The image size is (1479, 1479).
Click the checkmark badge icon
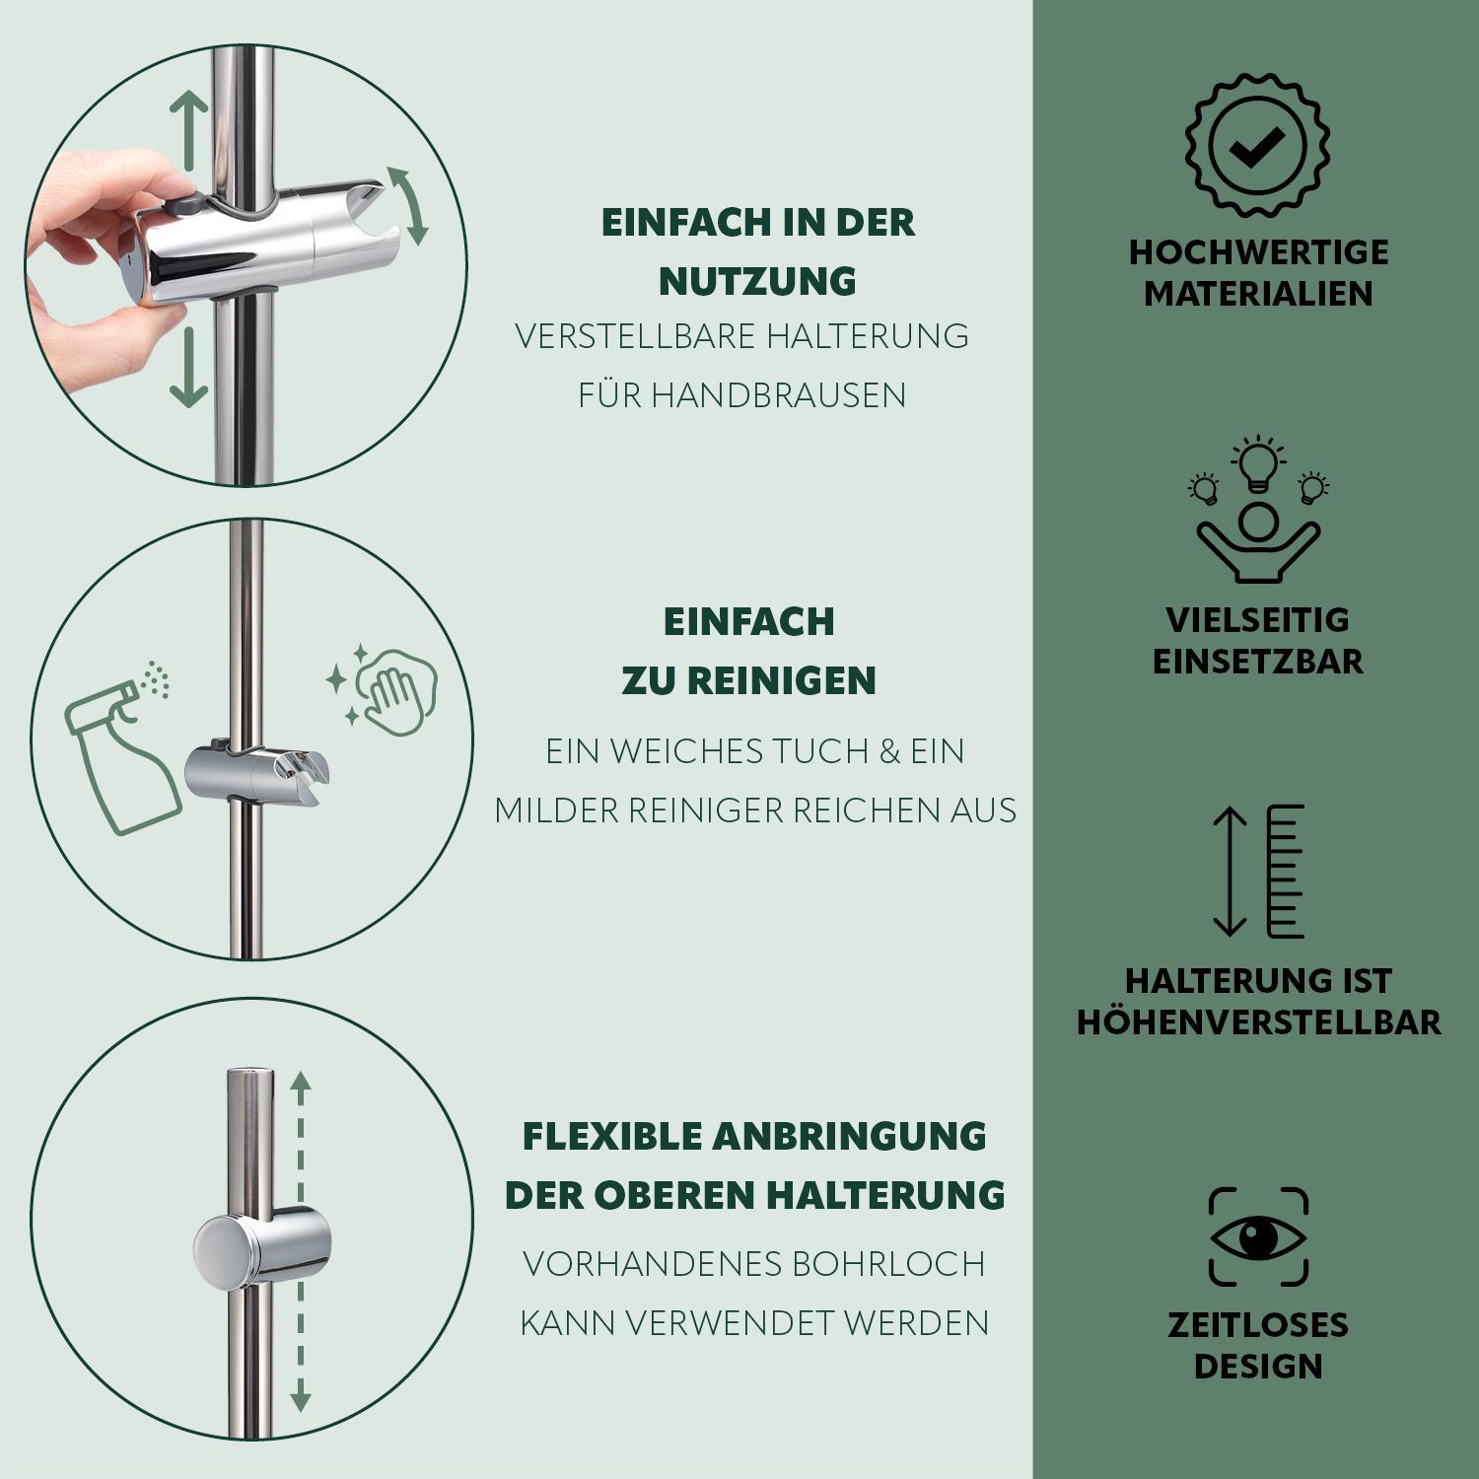point(1257,145)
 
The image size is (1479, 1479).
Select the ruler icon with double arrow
point(1258,871)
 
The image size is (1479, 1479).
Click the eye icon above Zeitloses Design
point(1258,1236)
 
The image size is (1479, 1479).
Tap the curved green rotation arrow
point(409,205)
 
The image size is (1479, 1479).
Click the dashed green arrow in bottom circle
point(301,1242)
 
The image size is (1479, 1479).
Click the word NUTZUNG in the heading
point(757,281)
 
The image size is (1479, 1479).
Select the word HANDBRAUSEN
point(779,394)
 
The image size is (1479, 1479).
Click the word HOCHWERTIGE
point(1258,251)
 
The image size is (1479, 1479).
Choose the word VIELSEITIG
point(1257,619)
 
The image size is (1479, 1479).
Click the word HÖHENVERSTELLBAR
point(1258,1021)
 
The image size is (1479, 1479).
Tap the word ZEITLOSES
point(1257,1324)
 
